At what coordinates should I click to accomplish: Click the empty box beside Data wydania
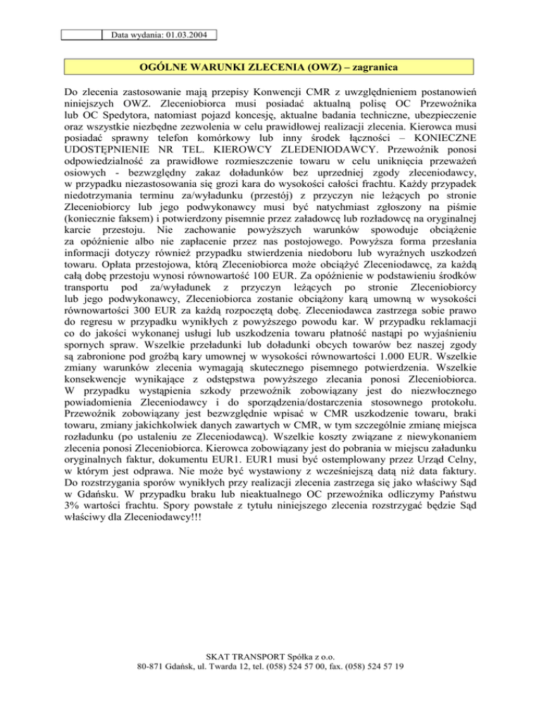click(x=82, y=33)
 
